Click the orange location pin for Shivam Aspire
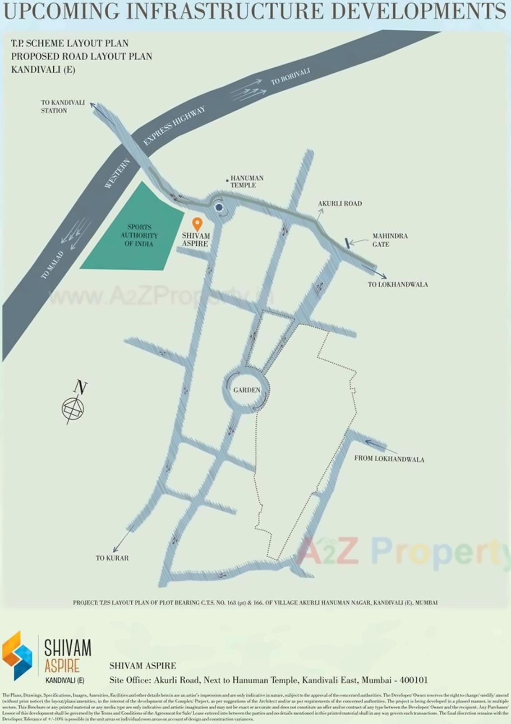click(x=197, y=224)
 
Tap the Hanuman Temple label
click(x=247, y=182)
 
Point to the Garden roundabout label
click(x=247, y=390)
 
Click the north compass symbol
click(x=73, y=407)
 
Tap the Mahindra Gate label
click(x=390, y=240)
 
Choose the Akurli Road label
click(x=340, y=204)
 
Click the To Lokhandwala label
click(x=397, y=285)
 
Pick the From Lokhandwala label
click(x=389, y=458)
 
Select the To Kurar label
click(x=112, y=558)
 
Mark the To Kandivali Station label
click(x=63, y=107)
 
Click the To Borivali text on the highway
click(x=290, y=77)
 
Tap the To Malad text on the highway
click(x=52, y=265)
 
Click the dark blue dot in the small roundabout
click(x=219, y=207)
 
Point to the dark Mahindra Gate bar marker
click(x=347, y=243)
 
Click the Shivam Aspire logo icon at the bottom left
click(x=17, y=655)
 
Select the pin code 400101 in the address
click(x=414, y=680)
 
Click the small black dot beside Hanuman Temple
click(x=227, y=180)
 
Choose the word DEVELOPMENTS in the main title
click(x=419, y=11)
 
